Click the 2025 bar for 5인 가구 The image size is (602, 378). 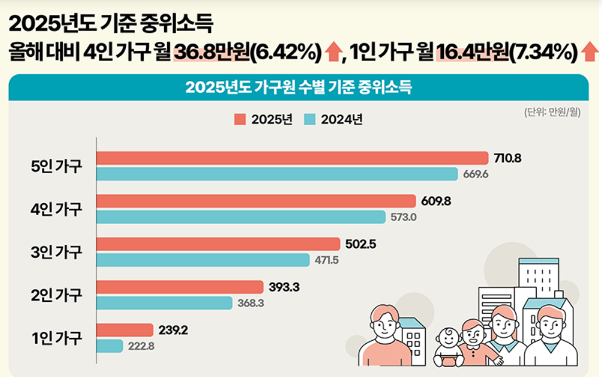(x=292, y=158)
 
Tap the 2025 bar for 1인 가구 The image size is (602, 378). (x=125, y=330)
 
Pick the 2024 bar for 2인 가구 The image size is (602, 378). (x=164, y=303)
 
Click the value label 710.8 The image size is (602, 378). (x=508, y=158)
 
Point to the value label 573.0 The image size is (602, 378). (x=403, y=217)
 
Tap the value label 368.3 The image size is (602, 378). (x=250, y=304)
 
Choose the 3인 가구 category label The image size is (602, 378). (x=56, y=252)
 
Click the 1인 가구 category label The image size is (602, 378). (x=56, y=338)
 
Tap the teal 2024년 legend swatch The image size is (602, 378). (x=310, y=119)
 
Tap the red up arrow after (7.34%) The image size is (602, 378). (x=590, y=53)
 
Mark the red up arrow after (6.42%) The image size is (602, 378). (x=332, y=53)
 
